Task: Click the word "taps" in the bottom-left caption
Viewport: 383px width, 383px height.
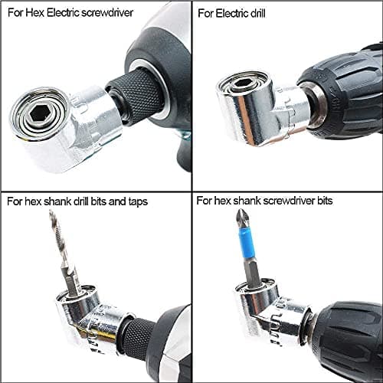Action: (137, 202)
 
